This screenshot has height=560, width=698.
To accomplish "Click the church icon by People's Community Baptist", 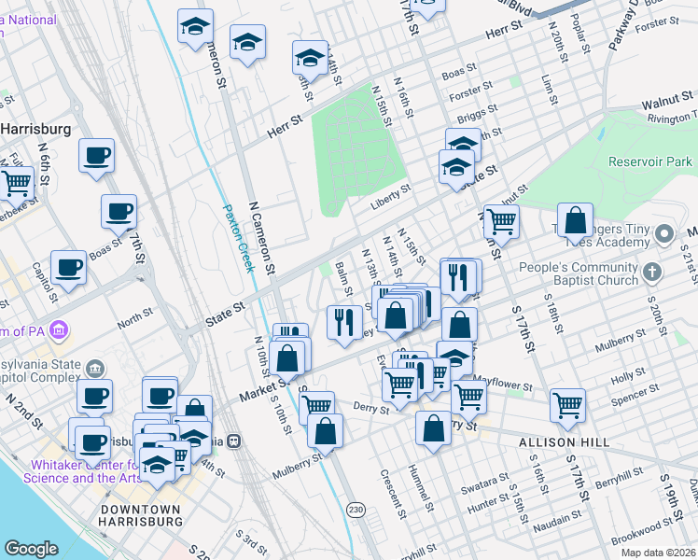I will pos(652,271).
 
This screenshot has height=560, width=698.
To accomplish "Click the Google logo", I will pos(31,549).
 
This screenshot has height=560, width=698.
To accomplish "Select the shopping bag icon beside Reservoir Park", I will pos(577,220).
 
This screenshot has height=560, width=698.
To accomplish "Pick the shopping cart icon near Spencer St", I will pos(568,404).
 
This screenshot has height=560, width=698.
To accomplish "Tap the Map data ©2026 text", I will pos(658,553).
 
